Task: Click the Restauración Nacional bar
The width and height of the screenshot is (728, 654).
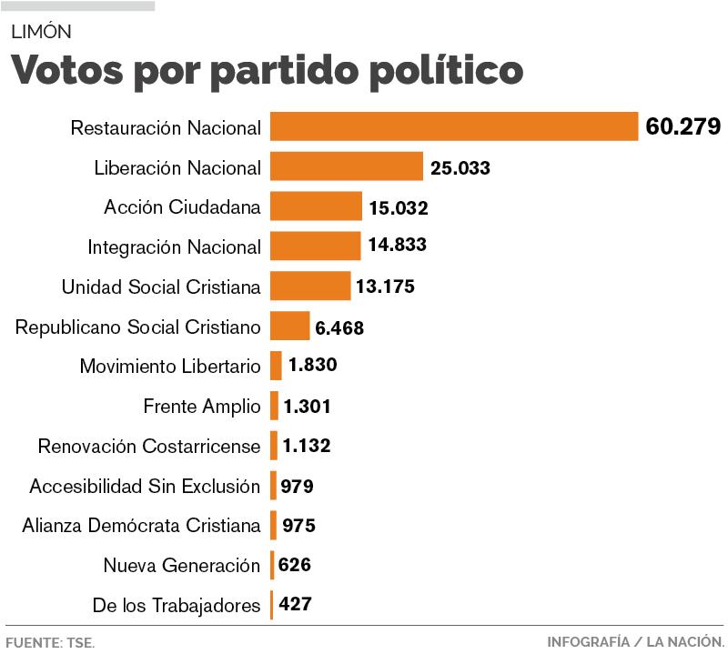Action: click(x=454, y=126)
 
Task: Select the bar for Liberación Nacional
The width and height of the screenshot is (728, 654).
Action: click(x=347, y=166)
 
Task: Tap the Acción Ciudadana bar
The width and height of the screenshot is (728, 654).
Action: click(x=316, y=206)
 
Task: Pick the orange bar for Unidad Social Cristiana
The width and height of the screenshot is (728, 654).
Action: click(x=310, y=286)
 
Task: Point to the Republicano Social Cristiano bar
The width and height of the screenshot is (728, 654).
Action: click(x=290, y=326)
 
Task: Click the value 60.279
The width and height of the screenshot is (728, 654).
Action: click(x=682, y=126)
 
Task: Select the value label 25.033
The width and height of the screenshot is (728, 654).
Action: click(x=460, y=167)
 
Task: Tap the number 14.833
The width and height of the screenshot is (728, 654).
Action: click(x=398, y=246)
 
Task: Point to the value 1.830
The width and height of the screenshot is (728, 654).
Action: click(x=313, y=366)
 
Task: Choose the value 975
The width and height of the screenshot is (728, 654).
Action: click(x=298, y=525)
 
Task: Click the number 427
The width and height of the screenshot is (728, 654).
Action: click(x=297, y=604)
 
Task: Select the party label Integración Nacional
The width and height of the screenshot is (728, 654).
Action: click(x=174, y=247)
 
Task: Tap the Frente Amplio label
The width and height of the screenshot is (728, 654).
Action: click(x=202, y=406)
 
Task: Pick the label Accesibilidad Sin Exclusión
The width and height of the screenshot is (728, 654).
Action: click(x=145, y=486)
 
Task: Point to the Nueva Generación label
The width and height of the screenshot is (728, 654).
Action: click(x=182, y=565)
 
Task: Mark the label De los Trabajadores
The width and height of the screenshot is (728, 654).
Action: click(x=177, y=605)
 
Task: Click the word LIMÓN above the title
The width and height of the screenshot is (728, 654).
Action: click(x=41, y=32)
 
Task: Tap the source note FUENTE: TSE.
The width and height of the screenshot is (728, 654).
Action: click(x=50, y=642)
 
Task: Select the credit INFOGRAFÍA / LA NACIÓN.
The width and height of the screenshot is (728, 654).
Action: click(x=635, y=642)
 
